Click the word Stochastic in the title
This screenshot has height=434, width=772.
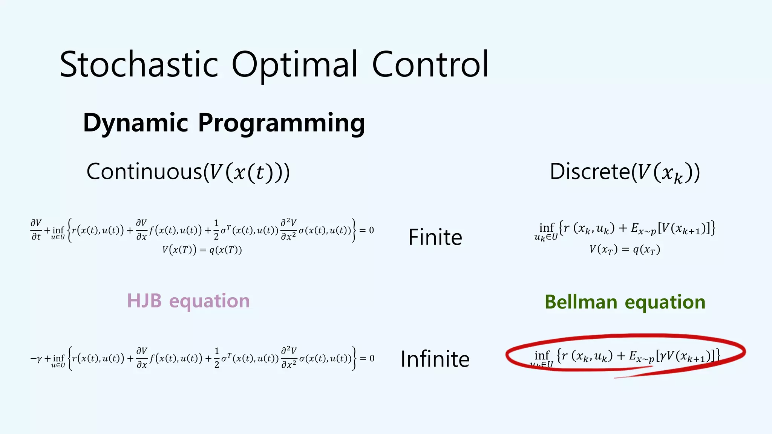[x=139, y=65]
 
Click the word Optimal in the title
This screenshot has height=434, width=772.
[x=294, y=65]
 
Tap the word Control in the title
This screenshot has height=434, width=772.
[x=430, y=65]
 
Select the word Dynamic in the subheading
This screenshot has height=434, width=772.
[x=135, y=123]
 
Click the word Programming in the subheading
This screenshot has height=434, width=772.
[x=281, y=123]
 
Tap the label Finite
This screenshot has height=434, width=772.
[x=435, y=237]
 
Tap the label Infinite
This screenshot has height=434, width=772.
[x=435, y=359]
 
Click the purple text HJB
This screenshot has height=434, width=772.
[x=144, y=301]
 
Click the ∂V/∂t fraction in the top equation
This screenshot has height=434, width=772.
[x=36, y=230]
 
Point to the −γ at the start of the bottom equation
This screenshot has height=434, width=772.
[x=36, y=358]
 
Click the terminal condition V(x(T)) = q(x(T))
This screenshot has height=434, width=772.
[x=202, y=250]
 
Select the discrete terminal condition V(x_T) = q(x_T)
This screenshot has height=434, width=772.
[x=625, y=249]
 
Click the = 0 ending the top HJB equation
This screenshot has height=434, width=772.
[x=366, y=230]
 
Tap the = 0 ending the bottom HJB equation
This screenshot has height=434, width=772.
[x=367, y=358]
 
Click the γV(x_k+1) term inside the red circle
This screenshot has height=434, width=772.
[x=684, y=356]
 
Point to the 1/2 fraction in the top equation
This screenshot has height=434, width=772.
[x=216, y=230]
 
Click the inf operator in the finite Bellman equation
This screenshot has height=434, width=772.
[x=547, y=228]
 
